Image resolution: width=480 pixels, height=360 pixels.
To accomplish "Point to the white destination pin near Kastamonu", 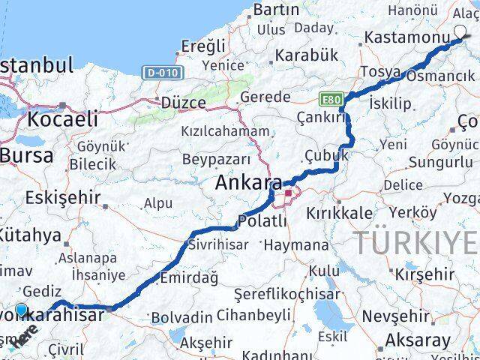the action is tap(461, 32).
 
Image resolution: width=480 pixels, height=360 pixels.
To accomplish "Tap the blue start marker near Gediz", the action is tap(20, 309).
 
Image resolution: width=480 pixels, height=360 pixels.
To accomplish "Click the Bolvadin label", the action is tap(178, 318).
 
